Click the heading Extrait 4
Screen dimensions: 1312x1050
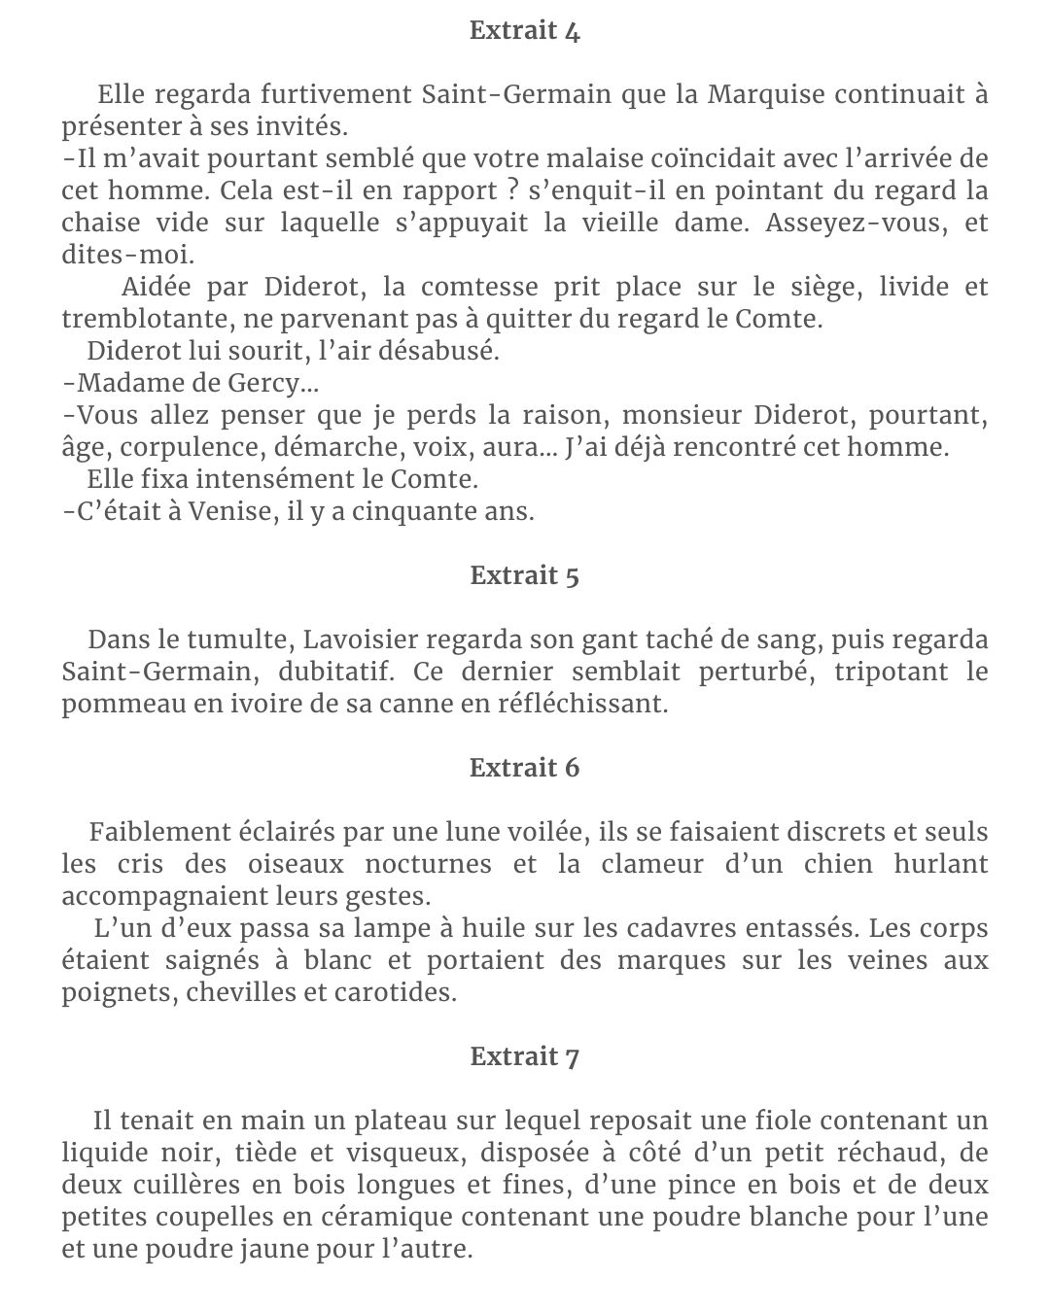[524, 31]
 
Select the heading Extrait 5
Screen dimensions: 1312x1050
[524, 575]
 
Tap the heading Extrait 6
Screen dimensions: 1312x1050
[524, 768]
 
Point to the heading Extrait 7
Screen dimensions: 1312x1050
[524, 1056]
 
